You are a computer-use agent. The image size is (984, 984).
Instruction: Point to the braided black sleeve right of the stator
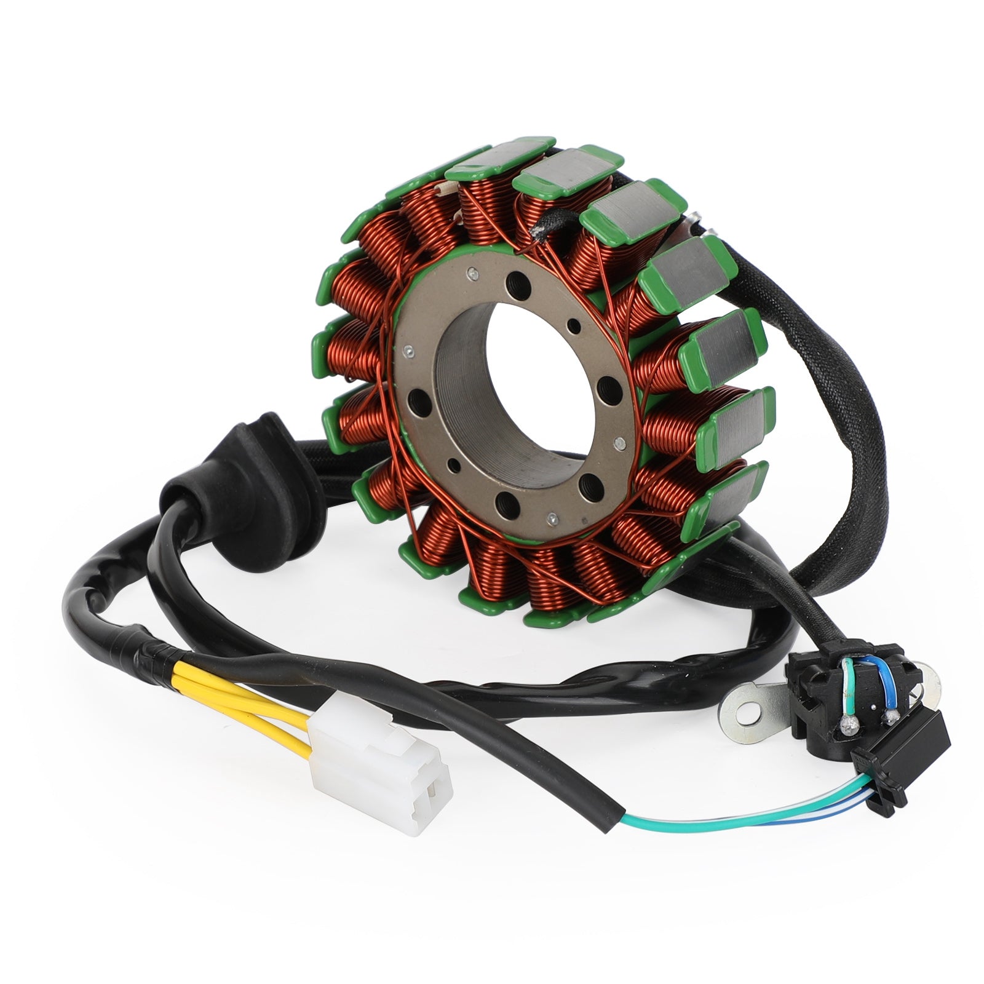click(855, 400)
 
